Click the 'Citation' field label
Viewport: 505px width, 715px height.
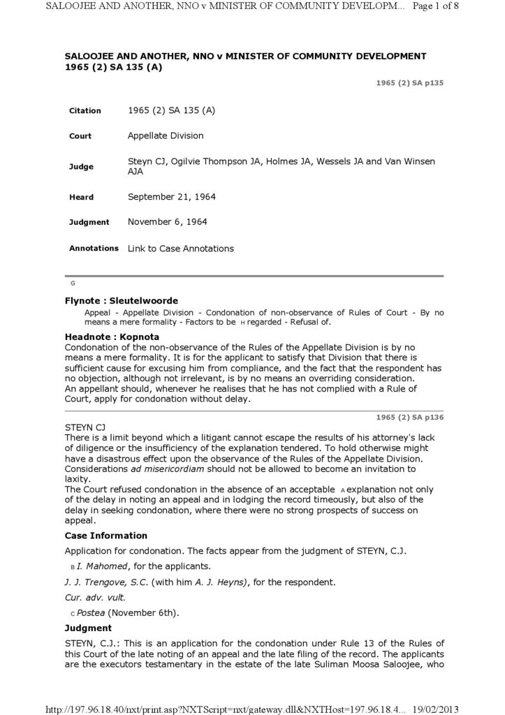[x=85, y=111]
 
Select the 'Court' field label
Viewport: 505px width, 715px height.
[x=80, y=136]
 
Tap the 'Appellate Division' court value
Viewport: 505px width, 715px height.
[x=166, y=135]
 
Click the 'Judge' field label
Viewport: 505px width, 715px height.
[x=80, y=167]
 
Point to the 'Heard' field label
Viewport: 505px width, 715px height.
[x=81, y=198]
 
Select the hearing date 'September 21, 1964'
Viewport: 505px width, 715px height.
[x=171, y=197]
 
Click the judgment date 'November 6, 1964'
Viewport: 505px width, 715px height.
[x=167, y=222]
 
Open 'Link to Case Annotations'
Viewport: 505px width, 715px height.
[x=180, y=249]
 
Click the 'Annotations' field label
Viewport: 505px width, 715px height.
[x=94, y=248]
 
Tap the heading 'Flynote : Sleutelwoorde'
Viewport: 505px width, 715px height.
[x=121, y=301]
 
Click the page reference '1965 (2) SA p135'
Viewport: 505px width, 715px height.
[x=409, y=83]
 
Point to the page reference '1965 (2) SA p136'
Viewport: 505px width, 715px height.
[x=409, y=418]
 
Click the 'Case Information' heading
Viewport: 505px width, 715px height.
[x=105, y=536]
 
